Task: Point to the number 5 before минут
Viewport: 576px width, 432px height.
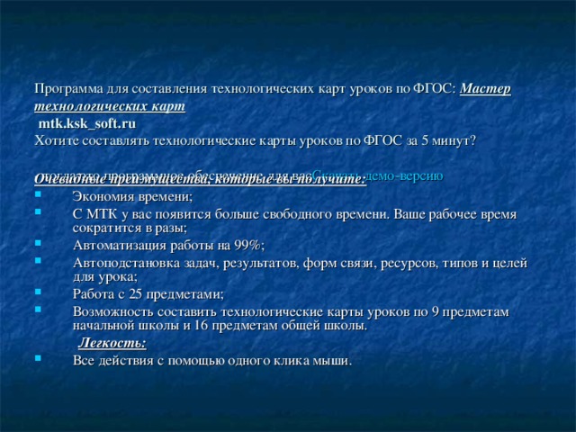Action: [427, 140]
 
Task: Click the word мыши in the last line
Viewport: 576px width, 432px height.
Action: [331, 360]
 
